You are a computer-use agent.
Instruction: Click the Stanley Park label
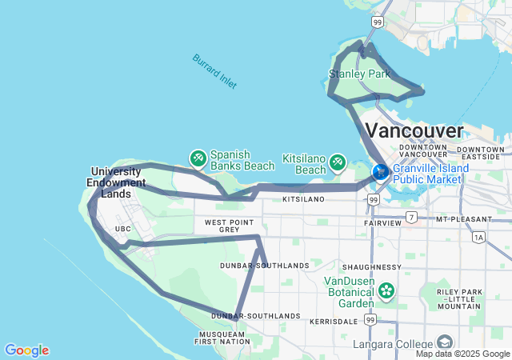click(x=359, y=74)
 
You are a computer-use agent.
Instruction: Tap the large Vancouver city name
click(x=414, y=130)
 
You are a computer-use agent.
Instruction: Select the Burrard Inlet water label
click(x=214, y=71)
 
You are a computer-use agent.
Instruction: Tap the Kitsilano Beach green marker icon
click(x=338, y=163)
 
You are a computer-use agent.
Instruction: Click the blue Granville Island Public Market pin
click(x=381, y=171)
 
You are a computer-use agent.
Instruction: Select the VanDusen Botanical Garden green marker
click(x=387, y=290)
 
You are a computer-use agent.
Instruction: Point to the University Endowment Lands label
click(x=122, y=182)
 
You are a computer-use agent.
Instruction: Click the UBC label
click(x=122, y=229)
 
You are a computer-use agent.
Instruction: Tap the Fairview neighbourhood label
click(x=382, y=222)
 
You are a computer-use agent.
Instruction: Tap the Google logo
click(x=26, y=350)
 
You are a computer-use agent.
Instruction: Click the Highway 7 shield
click(x=411, y=217)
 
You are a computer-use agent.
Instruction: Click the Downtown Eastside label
click(x=482, y=154)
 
